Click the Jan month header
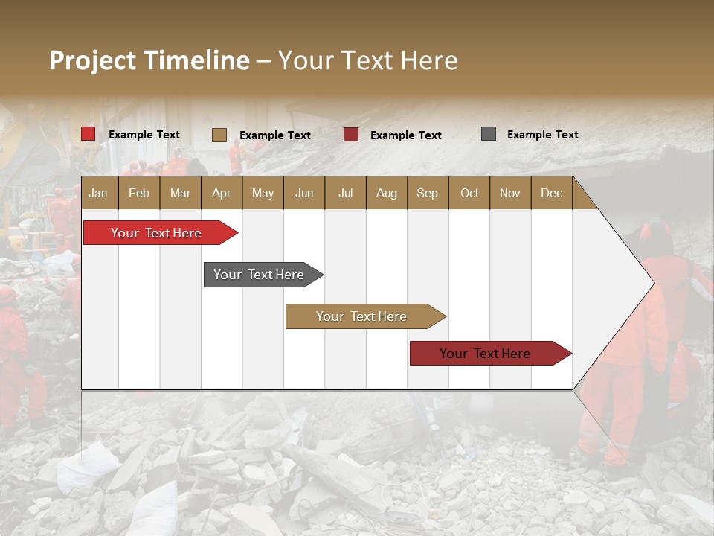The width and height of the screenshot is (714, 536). click(98, 193)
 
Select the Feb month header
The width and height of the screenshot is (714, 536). click(139, 193)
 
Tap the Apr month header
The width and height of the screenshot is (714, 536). click(221, 193)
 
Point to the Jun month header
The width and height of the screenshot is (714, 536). click(304, 193)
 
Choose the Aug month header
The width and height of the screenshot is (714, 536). click(386, 193)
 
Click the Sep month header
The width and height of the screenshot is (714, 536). click(427, 193)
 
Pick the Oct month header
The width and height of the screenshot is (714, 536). click(469, 193)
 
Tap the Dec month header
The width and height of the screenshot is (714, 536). click(551, 193)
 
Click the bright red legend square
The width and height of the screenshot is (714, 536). click(89, 134)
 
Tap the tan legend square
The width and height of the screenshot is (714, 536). click(219, 135)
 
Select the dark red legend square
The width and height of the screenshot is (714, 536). click(351, 135)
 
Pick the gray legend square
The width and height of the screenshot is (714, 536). click(489, 134)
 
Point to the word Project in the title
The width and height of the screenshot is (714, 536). click(93, 60)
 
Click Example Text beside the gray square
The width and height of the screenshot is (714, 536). click(542, 135)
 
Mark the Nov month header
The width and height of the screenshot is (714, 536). click(510, 193)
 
